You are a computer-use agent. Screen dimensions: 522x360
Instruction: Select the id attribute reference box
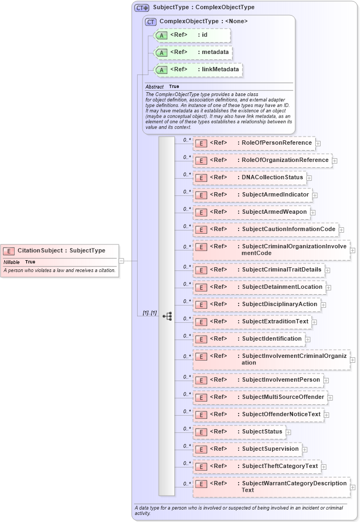click(x=192, y=35)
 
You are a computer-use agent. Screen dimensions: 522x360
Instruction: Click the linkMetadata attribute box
click(x=198, y=70)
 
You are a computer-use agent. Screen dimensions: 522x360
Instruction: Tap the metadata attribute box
click(x=193, y=52)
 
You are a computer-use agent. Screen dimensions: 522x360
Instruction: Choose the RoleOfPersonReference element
click(x=254, y=143)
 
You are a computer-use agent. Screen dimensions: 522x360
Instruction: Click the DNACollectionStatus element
click(x=249, y=177)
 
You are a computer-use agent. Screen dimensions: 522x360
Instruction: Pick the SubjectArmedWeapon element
click(x=252, y=212)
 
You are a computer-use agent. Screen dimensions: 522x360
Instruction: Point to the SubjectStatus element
click(x=239, y=432)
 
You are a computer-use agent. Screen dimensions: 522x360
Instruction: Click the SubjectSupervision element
click(x=247, y=449)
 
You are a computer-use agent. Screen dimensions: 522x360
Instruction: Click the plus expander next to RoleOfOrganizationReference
click(x=335, y=160)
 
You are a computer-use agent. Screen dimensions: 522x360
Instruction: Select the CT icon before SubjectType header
click(x=142, y=8)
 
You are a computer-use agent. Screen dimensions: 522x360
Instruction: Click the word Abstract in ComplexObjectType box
click(x=154, y=86)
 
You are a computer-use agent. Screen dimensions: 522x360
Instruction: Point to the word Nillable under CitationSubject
click(x=11, y=262)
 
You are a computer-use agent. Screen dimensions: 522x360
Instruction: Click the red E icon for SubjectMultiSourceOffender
click(x=201, y=397)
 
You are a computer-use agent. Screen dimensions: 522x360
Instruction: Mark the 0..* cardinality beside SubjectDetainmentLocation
click(x=187, y=284)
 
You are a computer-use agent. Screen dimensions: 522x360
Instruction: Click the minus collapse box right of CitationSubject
click(x=121, y=260)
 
